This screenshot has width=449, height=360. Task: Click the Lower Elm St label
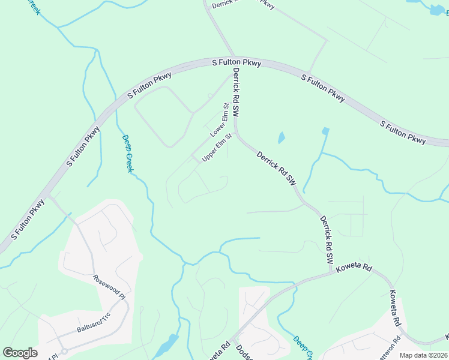tap(220, 120)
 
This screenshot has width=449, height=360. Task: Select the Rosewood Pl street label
tap(109, 287)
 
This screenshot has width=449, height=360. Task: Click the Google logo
tap(20, 353)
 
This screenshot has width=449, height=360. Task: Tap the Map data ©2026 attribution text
tap(423, 355)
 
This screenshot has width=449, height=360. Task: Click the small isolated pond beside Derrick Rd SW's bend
tap(281, 137)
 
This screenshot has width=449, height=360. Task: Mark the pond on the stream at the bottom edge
tap(170, 343)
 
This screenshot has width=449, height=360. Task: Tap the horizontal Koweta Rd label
tap(355, 266)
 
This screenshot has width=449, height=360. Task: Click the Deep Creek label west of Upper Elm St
tap(127, 154)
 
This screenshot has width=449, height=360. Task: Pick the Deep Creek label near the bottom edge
tap(303, 347)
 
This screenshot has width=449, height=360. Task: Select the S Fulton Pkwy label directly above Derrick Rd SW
tap(237, 62)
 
